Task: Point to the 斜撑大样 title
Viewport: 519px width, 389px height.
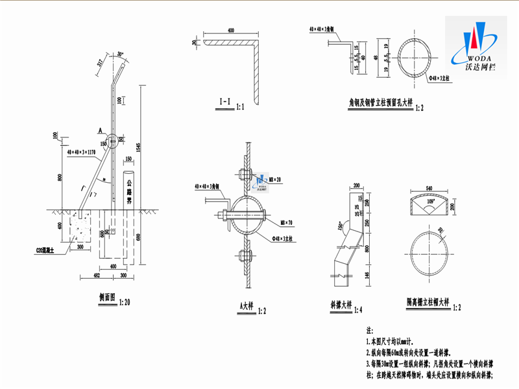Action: [x=341, y=304]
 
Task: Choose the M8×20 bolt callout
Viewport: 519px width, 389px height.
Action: [x=275, y=180]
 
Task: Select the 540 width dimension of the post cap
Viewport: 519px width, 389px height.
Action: [x=428, y=189]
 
